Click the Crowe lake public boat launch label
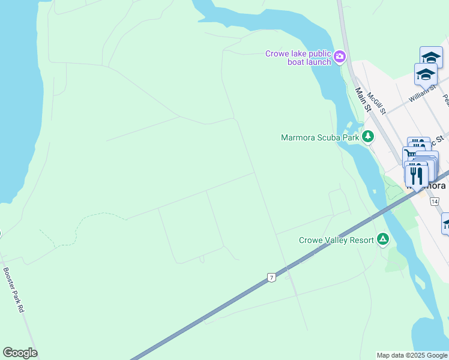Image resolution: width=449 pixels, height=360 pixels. (298, 58)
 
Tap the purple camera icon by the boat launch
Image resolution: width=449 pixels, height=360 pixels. (340, 57)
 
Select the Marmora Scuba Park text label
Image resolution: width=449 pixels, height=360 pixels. (319, 137)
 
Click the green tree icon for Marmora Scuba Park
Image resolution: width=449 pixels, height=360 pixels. (367, 137)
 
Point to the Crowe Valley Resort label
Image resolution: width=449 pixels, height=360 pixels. (337, 240)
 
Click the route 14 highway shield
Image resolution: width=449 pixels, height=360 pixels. (434, 202)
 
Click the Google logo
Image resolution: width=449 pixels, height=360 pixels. (20, 353)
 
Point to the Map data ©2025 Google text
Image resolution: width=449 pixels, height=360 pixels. (412, 355)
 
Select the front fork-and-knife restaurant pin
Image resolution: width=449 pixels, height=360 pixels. (416, 175)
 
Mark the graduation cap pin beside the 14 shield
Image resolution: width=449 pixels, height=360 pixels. (447, 223)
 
